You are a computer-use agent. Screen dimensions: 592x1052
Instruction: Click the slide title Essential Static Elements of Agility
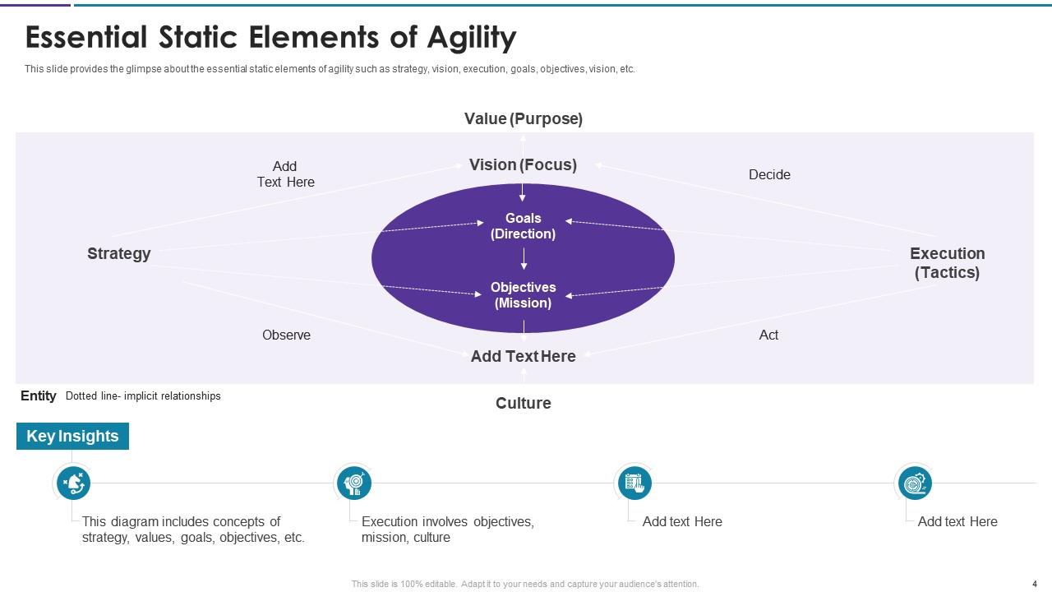(x=270, y=38)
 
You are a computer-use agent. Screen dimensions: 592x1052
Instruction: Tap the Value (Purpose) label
(x=524, y=118)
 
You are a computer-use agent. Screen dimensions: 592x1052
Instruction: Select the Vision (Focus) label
(x=523, y=164)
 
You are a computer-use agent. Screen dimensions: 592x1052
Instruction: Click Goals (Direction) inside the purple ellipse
(x=523, y=225)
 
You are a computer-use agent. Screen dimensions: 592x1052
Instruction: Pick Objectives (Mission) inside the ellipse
(x=523, y=294)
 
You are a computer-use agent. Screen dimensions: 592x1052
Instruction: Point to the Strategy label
(x=119, y=253)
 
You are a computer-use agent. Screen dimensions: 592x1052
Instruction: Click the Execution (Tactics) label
(x=947, y=262)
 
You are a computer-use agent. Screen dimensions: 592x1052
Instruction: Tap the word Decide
(x=769, y=174)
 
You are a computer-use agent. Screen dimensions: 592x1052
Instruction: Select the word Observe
(x=286, y=335)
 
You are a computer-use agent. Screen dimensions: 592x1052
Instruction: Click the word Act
(x=768, y=335)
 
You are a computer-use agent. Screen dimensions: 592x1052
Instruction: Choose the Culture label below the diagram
(x=523, y=403)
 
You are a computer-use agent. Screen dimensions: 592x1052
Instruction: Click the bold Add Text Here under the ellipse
(x=523, y=356)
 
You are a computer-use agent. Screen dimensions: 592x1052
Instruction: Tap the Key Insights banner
(x=72, y=436)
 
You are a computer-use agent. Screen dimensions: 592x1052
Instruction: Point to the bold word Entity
(x=38, y=395)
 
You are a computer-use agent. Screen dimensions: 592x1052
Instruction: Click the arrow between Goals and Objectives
(x=524, y=259)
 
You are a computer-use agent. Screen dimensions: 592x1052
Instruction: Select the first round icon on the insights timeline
(x=73, y=483)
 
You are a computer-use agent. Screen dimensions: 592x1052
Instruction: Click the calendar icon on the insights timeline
(x=634, y=483)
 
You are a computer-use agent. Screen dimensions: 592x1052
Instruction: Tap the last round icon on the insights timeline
(x=914, y=483)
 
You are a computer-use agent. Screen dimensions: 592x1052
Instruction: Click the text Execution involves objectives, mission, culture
(x=447, y=530)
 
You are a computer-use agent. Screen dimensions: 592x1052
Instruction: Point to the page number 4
(x=1034, y=584)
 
